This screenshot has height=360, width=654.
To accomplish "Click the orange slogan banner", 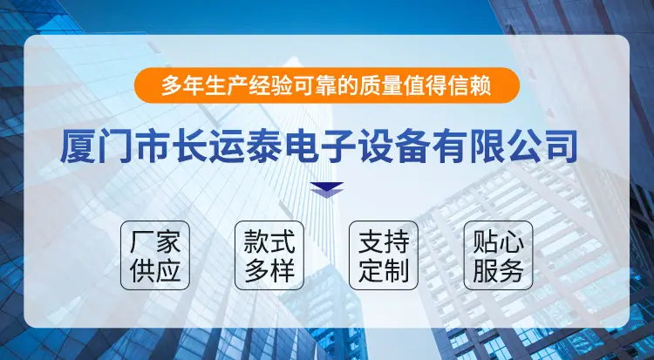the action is click(327, 85).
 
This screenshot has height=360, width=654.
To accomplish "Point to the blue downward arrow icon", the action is click(327, 190).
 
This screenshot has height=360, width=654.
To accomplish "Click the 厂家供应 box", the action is click(155, 255).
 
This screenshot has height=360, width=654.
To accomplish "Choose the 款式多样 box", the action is click(269, 255).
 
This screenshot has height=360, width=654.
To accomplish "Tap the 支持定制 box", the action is click(384, 255).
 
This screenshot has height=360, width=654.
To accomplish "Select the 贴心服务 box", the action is click(499, 255).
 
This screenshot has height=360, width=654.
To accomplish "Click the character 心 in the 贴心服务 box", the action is click(511, 241).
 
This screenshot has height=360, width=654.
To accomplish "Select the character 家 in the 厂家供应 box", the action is click(168, 241).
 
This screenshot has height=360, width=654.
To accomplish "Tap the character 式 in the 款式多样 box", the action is click(283, 241).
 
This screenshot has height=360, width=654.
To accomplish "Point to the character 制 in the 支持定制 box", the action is click(397, 270).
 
